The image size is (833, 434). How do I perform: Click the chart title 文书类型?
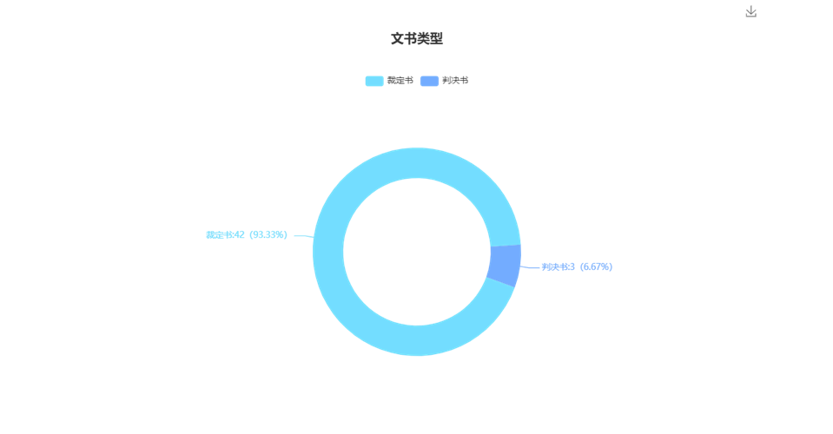(417, 39)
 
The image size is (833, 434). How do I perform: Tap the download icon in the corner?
(750, 11)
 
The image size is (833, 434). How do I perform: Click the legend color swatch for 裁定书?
(374, 81)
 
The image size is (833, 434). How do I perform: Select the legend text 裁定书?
(400, 81)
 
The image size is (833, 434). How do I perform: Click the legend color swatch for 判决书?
(429, 81)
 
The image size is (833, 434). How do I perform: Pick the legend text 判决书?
(455, 81)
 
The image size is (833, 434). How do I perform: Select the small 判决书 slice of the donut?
(505, 266)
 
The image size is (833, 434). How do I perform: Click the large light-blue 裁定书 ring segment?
(327, 252)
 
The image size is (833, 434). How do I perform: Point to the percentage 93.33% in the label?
(269, 234)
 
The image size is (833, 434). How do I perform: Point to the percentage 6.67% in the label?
(597, 266)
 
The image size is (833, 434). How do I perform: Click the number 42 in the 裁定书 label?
(239, 234)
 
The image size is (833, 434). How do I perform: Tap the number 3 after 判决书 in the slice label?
(572, 266)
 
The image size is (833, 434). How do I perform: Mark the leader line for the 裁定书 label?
(304, 235)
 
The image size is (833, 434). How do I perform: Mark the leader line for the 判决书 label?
(530, 267)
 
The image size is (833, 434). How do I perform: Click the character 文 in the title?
(397, 39)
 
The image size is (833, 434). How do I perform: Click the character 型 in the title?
(436, 39)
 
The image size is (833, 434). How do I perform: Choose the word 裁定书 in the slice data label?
(218, 234)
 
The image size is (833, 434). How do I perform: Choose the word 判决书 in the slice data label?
(554, 266)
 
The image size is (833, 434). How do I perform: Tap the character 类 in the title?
(423, 39)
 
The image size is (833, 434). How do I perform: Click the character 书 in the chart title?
(410, 39)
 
